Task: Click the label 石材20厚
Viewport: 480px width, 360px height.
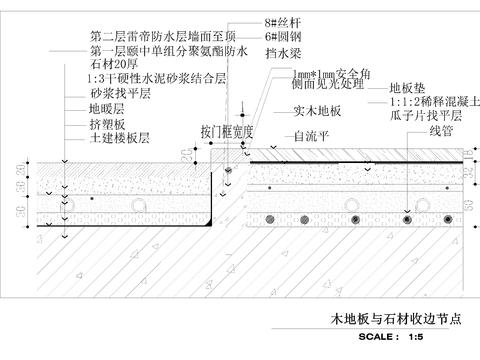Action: (x=113, y=64)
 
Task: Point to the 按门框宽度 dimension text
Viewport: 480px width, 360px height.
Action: (x=229, y=130)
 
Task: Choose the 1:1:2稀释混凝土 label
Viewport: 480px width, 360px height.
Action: (x=425, y=103)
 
